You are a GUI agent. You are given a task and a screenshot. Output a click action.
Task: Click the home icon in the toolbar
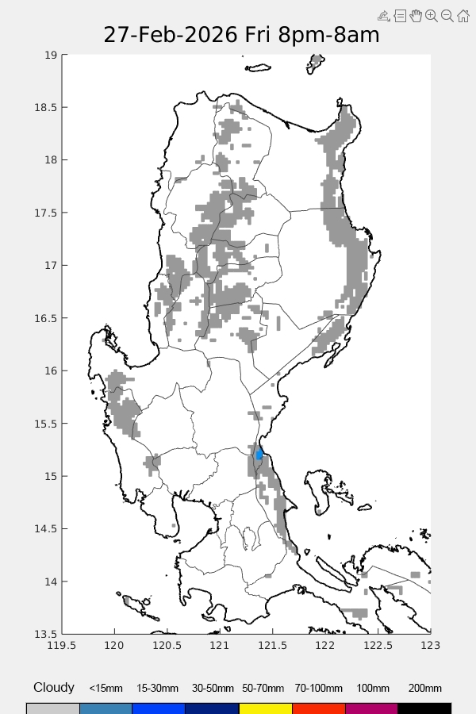coord(463,16)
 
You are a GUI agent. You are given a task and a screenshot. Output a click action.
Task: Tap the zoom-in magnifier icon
coord(432,16)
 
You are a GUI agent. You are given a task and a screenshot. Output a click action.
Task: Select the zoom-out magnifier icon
coord(447,16)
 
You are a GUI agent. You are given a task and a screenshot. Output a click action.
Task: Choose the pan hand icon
coord(416,16)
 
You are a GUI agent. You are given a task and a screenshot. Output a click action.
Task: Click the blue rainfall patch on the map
coord(259,455)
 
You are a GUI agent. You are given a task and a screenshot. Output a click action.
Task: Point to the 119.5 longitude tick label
coord(62,645)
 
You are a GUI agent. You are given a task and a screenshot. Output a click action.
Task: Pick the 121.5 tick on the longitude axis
coord(273,645)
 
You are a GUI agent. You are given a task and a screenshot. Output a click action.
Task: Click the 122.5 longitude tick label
coord(378,645)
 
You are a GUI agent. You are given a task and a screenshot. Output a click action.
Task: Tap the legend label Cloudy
coord(54,688)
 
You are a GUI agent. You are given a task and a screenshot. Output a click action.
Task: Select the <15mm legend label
coord(106,689)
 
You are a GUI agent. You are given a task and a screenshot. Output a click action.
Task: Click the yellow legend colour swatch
coord(265,708)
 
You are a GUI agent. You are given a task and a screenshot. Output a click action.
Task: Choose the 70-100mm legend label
coord(318,689)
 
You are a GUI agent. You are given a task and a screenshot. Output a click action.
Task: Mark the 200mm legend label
coord(424,689)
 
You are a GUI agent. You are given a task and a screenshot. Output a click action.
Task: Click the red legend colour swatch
coord(318,708)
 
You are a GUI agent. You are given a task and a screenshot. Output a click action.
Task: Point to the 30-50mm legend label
coord(212,689)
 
